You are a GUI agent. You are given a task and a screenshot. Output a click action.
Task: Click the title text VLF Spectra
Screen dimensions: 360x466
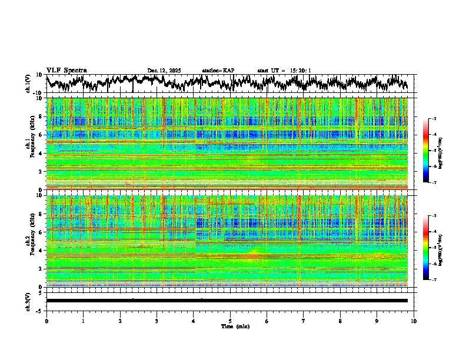point(66,70)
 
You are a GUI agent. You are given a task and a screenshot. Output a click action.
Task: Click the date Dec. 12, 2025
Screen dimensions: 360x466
point(164,71)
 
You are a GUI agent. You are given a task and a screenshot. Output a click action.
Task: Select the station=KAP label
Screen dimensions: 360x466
point(218,71)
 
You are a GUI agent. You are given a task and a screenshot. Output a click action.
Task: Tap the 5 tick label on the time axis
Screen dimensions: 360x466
point(231,321)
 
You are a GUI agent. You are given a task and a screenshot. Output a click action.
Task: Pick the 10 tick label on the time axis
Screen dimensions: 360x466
point(414,321)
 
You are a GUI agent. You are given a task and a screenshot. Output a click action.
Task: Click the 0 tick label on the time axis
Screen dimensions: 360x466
point(46,321)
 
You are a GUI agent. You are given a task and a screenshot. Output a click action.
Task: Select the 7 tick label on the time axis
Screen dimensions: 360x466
point(304,321)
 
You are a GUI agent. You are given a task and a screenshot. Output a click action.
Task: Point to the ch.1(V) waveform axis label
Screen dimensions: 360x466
point(28,84)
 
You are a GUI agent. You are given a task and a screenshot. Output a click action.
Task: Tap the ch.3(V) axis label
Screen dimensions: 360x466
point(28,301)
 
